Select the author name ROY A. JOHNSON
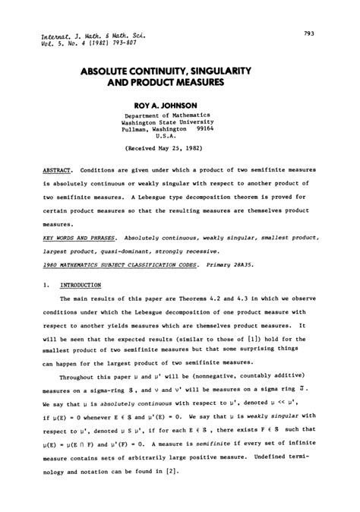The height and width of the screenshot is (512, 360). click(180, 103)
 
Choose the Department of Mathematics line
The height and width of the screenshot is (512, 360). click(180, 115)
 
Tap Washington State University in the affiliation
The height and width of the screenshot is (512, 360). click(180, 122)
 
